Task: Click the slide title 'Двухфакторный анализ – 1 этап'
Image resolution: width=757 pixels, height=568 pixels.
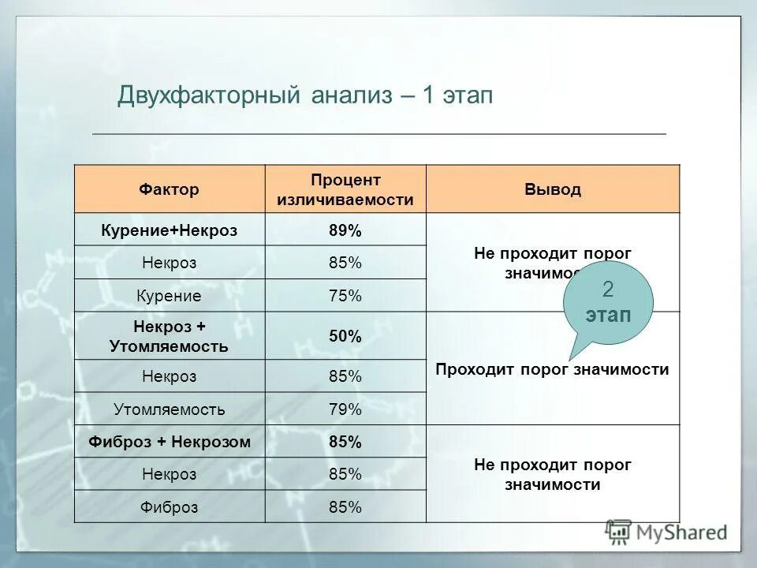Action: point(304,96)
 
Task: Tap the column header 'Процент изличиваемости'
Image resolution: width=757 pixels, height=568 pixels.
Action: point(345,189)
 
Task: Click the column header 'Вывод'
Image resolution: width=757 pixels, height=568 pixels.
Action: point(552,189)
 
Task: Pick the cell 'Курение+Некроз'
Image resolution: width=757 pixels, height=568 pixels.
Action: point(170,230)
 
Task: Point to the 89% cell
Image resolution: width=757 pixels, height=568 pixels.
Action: point(345,230)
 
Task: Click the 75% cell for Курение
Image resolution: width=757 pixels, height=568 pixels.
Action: point(345,296)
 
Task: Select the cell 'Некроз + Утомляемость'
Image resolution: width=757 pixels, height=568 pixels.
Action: point(170,335)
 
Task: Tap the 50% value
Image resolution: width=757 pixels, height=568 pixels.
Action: point(345,336)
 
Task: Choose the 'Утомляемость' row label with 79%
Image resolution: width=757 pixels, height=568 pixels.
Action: point(170,409)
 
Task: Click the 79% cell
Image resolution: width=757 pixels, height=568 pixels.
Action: point(345,409)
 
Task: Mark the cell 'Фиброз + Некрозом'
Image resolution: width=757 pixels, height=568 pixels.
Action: point(170,442)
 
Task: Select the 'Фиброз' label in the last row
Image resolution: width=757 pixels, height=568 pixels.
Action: point(170,506)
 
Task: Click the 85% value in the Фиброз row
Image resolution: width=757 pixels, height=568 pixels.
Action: point(345,506)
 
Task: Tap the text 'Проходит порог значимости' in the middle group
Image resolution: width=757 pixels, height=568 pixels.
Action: point(552,369)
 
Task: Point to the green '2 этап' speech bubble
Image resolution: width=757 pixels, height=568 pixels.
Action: point(608,303)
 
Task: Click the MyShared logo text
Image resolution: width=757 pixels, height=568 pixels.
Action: point(682,532)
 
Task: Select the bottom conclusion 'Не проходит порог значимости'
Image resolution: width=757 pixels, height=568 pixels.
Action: point(552,475)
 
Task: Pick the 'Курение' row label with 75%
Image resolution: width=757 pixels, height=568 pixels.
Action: point(170,296)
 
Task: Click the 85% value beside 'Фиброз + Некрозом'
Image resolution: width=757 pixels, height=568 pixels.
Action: point(345,442)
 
